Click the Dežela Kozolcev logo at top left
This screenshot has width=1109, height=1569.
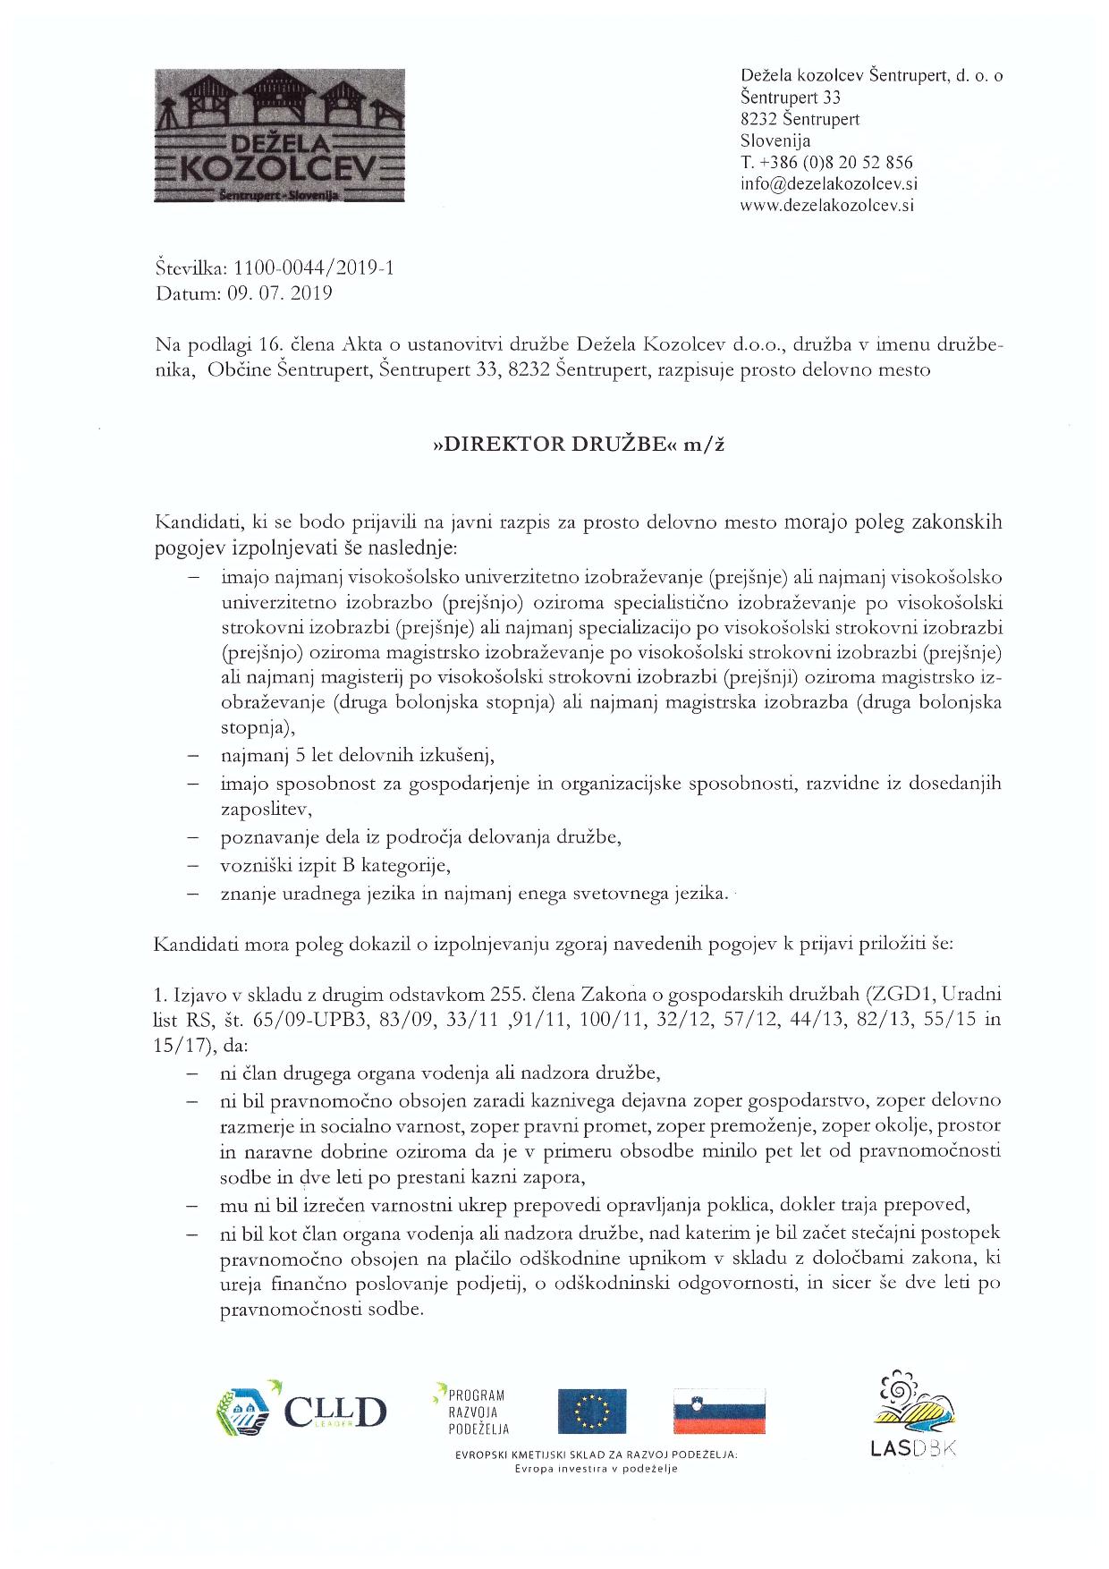(280, 138)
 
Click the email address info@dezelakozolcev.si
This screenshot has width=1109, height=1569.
(829, 183)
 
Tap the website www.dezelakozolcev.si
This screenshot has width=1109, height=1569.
(827, 205)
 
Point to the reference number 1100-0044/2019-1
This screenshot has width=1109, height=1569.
(313, 267)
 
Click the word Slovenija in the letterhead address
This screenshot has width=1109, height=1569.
(775, 140)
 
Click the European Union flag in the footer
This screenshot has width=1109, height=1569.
(592, 1411)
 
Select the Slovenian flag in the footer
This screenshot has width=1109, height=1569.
(720, 1411)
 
